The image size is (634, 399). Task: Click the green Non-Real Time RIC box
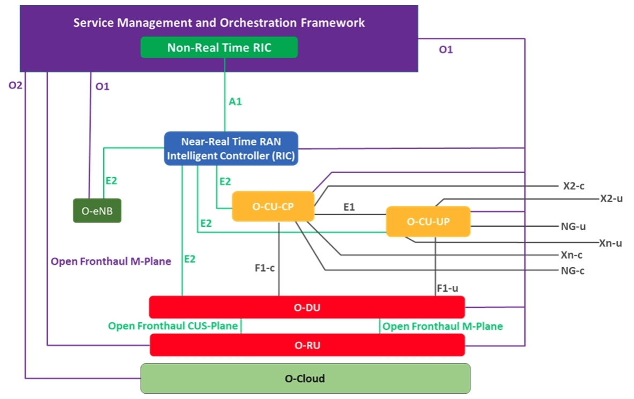tap(219, 47)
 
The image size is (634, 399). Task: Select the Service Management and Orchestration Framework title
tap(219, 23)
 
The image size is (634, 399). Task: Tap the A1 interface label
tap(235, 101)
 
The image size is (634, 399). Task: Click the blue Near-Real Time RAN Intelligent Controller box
tap(231, 149)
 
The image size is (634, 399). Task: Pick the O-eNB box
tap(97, 211)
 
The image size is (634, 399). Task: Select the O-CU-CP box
tap(272, 206)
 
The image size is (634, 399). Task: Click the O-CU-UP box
tap(428, 221)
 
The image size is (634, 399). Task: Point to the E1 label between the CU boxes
tap(349, 206)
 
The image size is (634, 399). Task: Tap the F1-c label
tap(264, 268)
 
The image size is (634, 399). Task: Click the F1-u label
tap(447, 288)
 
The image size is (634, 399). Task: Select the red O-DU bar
tap(307, 307)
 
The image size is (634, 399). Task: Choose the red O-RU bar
tap(307, 345)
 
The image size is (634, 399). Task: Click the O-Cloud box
tap(305, 378)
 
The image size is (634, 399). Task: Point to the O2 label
tap(15, 85)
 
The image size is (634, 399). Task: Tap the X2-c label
tap(573, 186)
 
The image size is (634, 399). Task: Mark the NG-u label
tap(573, 226)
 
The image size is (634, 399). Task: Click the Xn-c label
tap(572, 255)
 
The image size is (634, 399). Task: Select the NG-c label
tap(572, 270)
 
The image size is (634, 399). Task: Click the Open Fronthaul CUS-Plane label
tap(173, 326)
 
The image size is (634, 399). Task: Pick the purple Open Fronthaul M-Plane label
tap(110, 262)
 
